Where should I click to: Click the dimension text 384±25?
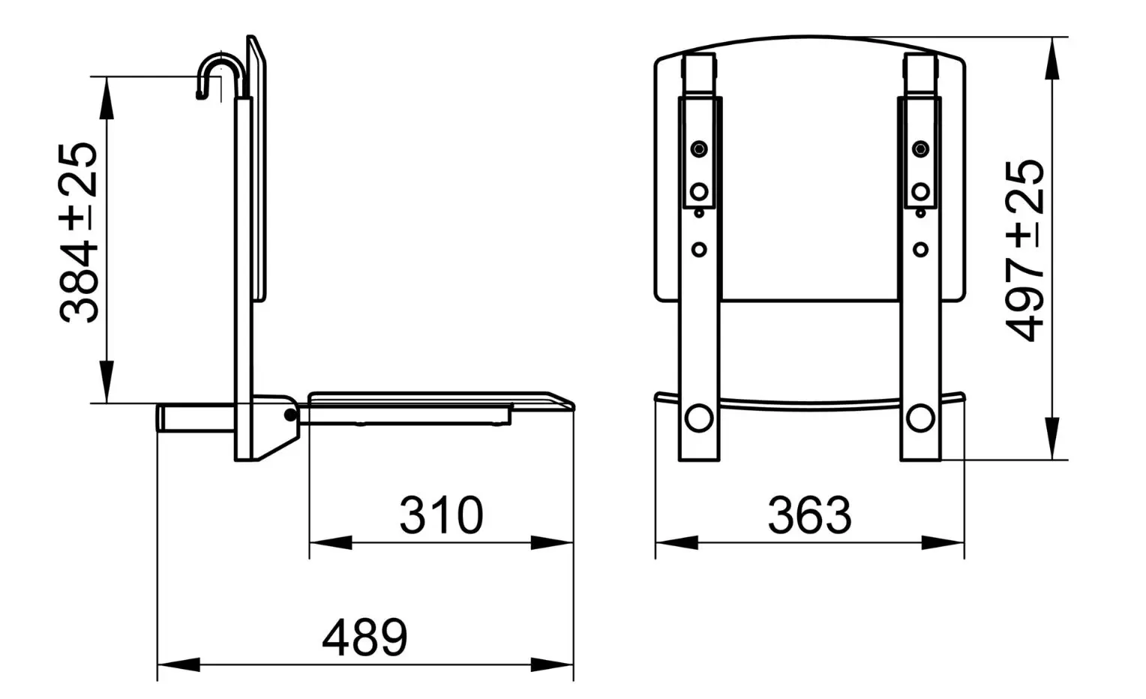click(x=79, y=233)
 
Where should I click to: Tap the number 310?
click(x=441, y=515)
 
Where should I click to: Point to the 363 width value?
click(x=809, y=515)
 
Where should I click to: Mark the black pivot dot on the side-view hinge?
click(x=289, y=415)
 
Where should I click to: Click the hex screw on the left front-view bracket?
click(x=699, y=148)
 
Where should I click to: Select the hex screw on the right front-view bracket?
click(x=920, y=148)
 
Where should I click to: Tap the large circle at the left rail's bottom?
click(x=699, y=418)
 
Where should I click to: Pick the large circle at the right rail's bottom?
click(x=920, y=418)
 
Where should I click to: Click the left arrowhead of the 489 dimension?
click(x=177, y=664)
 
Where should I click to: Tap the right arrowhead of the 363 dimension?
click(x=943, y=542)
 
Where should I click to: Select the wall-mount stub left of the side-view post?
click(x=195, y=418)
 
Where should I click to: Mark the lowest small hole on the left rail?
click(x=699, y=249)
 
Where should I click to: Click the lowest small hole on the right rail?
click(x=920, y=249)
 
